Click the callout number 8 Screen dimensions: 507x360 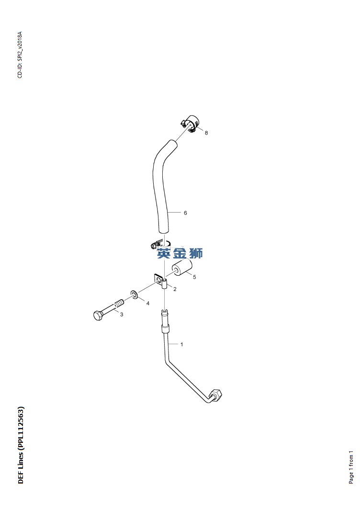pos(206,133)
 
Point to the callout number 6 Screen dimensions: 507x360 pos(185,213)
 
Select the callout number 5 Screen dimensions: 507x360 pos(194,277)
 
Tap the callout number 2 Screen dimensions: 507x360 pos(175,289)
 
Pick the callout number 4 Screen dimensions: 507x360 pos(147,304)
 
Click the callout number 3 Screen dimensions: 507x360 pos(122,315)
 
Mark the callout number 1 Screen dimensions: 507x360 pos(181,344)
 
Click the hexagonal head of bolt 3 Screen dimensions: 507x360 pos(97,315)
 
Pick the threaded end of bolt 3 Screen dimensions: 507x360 pos(118,304)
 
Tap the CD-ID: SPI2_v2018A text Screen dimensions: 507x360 pos(20,55)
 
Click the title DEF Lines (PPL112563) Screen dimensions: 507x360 pos(21,445)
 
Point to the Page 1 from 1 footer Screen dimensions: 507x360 pos(351,467)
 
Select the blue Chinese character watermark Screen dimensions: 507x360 pos(180,253)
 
